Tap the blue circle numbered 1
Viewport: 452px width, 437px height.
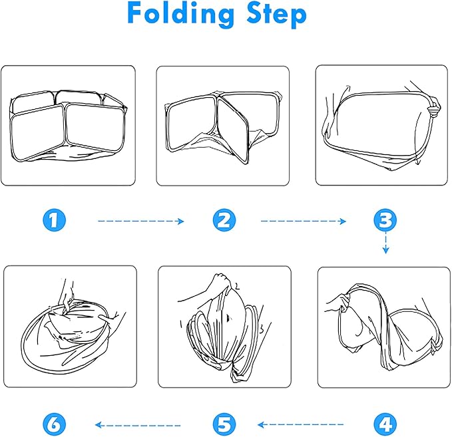click(x=54, y=220)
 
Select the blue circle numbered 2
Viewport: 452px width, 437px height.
click(x=224, y=220)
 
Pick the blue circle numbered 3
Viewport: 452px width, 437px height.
click(x=385, y=220)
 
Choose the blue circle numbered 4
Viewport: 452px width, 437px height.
click(x=385, y=424)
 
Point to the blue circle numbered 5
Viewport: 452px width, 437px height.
click(x=224, y=424)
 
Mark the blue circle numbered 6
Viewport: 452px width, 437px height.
click(x=54, y=424)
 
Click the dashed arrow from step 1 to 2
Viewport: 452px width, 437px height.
click(x=141, y=221)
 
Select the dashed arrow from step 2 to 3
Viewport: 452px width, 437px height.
click(x=304, y=221)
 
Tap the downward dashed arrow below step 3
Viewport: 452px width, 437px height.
click(x=385, y=244)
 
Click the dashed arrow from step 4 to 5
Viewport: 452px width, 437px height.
click(x=300, y=424)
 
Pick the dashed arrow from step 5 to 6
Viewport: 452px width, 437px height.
click(x=138, y=425)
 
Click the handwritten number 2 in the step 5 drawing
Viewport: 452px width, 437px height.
click(x=237, y=286)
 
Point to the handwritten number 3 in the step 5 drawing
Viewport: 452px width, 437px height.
click(x=261, y=329)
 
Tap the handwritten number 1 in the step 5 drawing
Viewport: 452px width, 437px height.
click(x=181, y=323)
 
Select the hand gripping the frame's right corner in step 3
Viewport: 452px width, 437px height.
click(x=433, y=108)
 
